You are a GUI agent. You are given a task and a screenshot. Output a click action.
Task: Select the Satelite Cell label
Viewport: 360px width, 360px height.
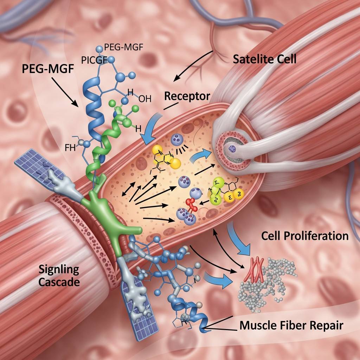(x=265, y=59)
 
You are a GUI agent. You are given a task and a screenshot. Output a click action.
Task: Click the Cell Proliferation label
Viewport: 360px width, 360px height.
(x=305, y=236)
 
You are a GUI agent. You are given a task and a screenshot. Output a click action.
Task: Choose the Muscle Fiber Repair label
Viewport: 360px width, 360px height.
(x=291, y=326)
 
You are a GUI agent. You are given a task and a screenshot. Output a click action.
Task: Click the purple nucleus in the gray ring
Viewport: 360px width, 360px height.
(x=233, y=149)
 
